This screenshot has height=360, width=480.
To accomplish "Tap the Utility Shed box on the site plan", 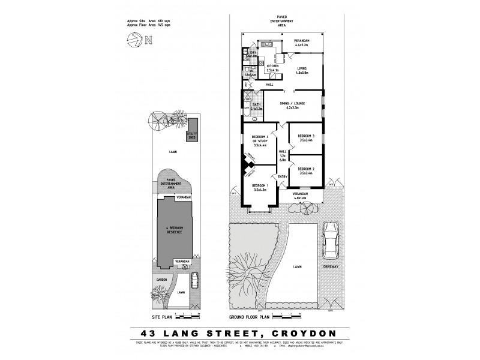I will pos(192,137).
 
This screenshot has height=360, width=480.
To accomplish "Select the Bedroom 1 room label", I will pos(260,188).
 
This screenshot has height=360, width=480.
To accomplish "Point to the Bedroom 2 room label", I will pos(306,171).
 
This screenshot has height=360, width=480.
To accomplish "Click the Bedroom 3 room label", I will pos(306,137).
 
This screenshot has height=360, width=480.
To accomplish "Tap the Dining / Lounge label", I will pos(293,105).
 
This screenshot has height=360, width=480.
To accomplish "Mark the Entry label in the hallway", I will pos(283,176).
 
